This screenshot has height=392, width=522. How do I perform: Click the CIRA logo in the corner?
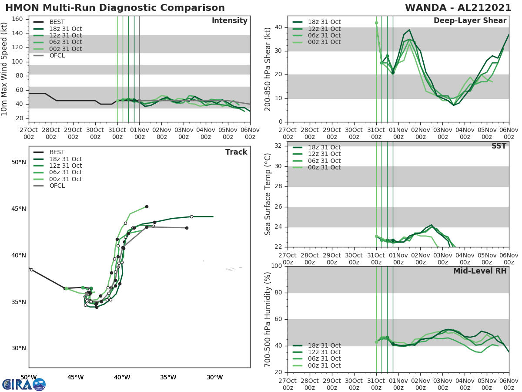(x=24, y=384)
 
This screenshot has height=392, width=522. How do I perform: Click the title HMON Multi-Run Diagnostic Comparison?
(x=115, y=8)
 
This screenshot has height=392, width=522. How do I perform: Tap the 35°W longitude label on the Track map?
(x=168, y=377)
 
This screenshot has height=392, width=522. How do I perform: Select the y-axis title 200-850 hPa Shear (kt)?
(x=268, y=69)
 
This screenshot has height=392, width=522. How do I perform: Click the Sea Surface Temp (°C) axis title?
(x=268, y=194)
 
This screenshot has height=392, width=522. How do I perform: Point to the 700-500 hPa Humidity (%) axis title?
(x=268, y=319)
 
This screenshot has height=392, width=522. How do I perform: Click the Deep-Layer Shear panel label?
(x=470, y=21)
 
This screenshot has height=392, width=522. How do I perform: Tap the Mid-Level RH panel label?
(x=480, y=271)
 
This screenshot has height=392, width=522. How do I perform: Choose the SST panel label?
(x=499, y=146)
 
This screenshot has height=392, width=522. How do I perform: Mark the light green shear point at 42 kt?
(x=376, y=23)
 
